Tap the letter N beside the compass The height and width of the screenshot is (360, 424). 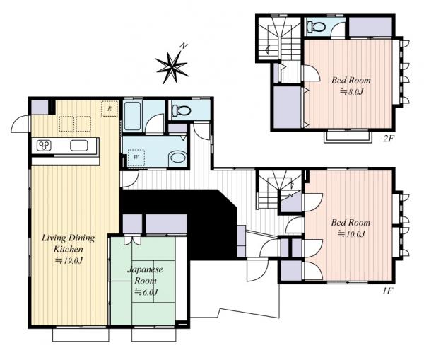point(184,46)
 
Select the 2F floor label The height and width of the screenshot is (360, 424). point(389,139)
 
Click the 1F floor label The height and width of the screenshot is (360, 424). point(387,291)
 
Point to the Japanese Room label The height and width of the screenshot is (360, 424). point(146,274)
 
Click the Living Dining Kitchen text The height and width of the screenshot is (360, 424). point(68,243)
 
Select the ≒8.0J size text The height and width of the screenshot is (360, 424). point(351,92)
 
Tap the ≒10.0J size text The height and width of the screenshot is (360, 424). point(351,233)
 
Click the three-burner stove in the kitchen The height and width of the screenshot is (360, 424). point(43,146)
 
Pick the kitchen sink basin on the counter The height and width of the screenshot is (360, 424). point(78,146)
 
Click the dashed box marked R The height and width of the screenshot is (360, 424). point(110,109)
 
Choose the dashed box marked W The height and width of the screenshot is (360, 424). point(136,157)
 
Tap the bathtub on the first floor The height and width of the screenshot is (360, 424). point(133,116)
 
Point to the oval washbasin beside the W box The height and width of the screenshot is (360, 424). point(177,158)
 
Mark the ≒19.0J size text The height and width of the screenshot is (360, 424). point(69,260)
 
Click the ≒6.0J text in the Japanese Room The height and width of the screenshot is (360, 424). point(146,292)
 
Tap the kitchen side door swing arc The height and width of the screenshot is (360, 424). point(17,121)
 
